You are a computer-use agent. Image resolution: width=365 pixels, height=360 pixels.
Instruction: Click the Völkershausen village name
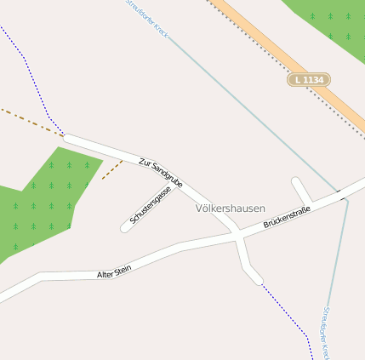point(230,209)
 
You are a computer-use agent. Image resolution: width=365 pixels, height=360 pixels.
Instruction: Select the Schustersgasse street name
point(151,205)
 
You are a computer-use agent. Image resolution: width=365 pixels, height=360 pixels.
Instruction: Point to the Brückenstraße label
point(286,217)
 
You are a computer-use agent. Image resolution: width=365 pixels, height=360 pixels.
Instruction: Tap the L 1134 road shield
point(307,79)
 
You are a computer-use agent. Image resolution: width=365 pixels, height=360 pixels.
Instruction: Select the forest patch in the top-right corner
point(332,24)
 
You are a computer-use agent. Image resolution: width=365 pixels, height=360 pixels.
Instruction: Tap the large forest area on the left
point(43,204)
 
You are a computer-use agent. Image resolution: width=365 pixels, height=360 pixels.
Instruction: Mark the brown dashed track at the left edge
point(30,120)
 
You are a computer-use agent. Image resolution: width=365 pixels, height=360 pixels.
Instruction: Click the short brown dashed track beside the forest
point(111,170)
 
